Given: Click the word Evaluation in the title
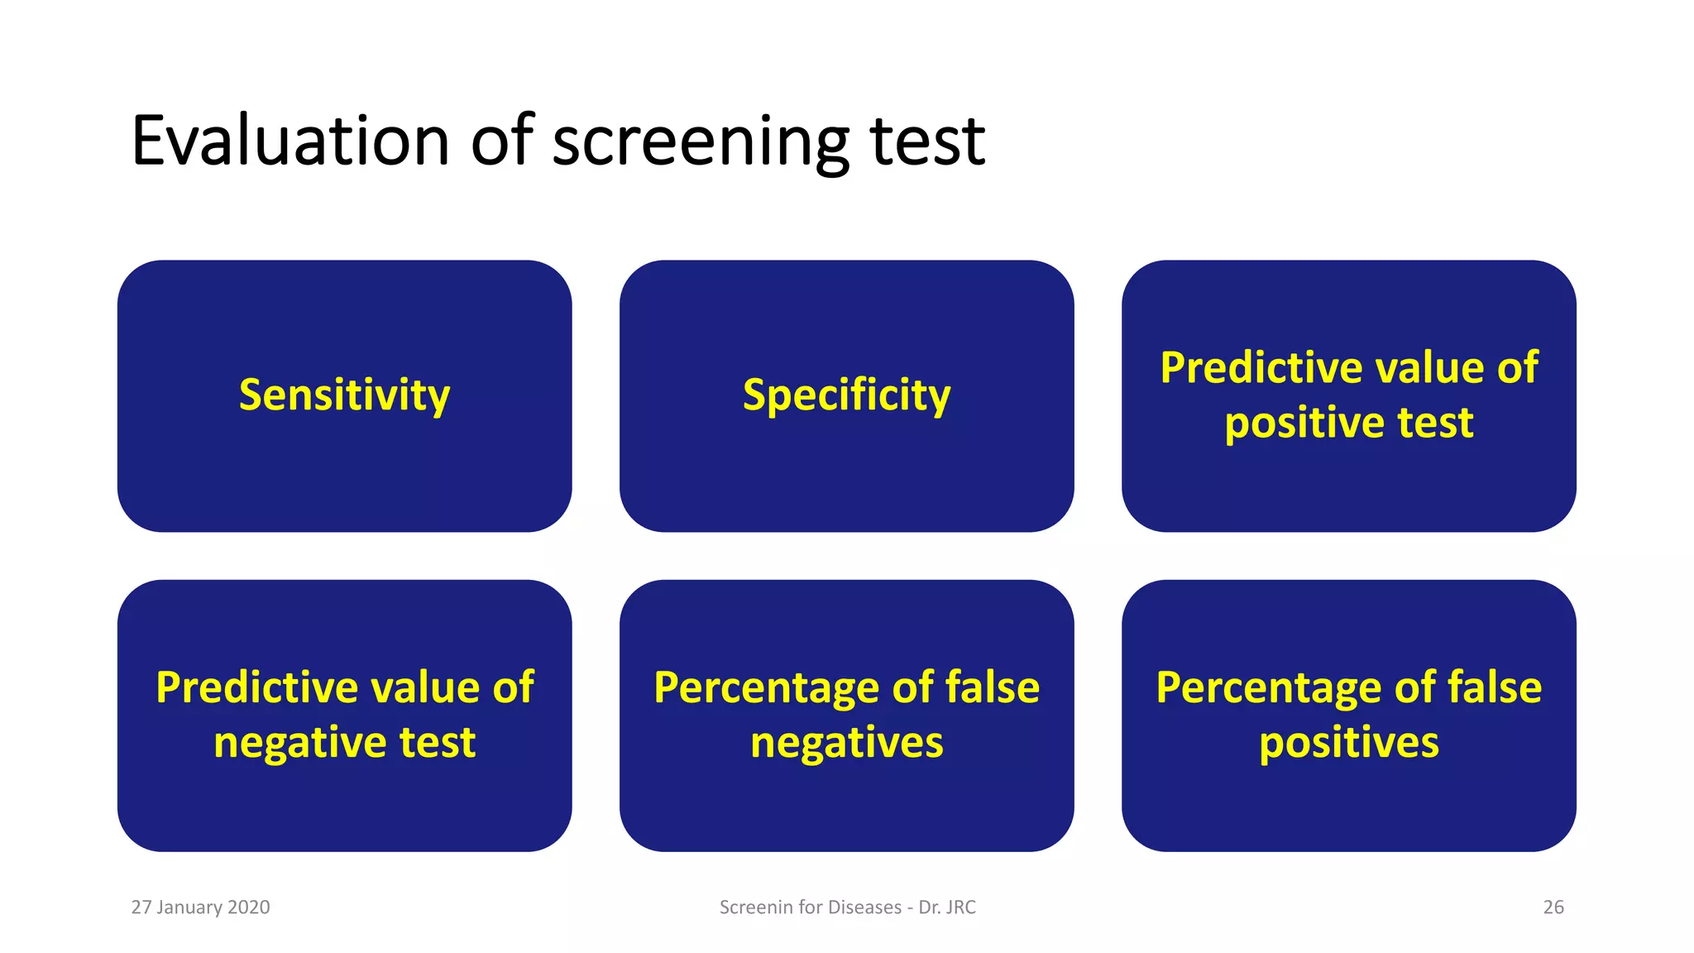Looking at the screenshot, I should pos(290,141).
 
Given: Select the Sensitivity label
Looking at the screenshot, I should pos(344,395).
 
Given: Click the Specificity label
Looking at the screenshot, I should pos(846,395).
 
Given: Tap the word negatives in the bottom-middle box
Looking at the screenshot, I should pos(846,743).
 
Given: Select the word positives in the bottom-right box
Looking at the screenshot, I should pos(1348,743).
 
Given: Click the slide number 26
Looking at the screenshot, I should pos(1553,908).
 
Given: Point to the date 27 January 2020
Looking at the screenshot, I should pos(200,908).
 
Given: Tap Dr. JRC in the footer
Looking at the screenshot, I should pos(947,908).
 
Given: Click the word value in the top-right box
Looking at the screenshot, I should pos(1416,368).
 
